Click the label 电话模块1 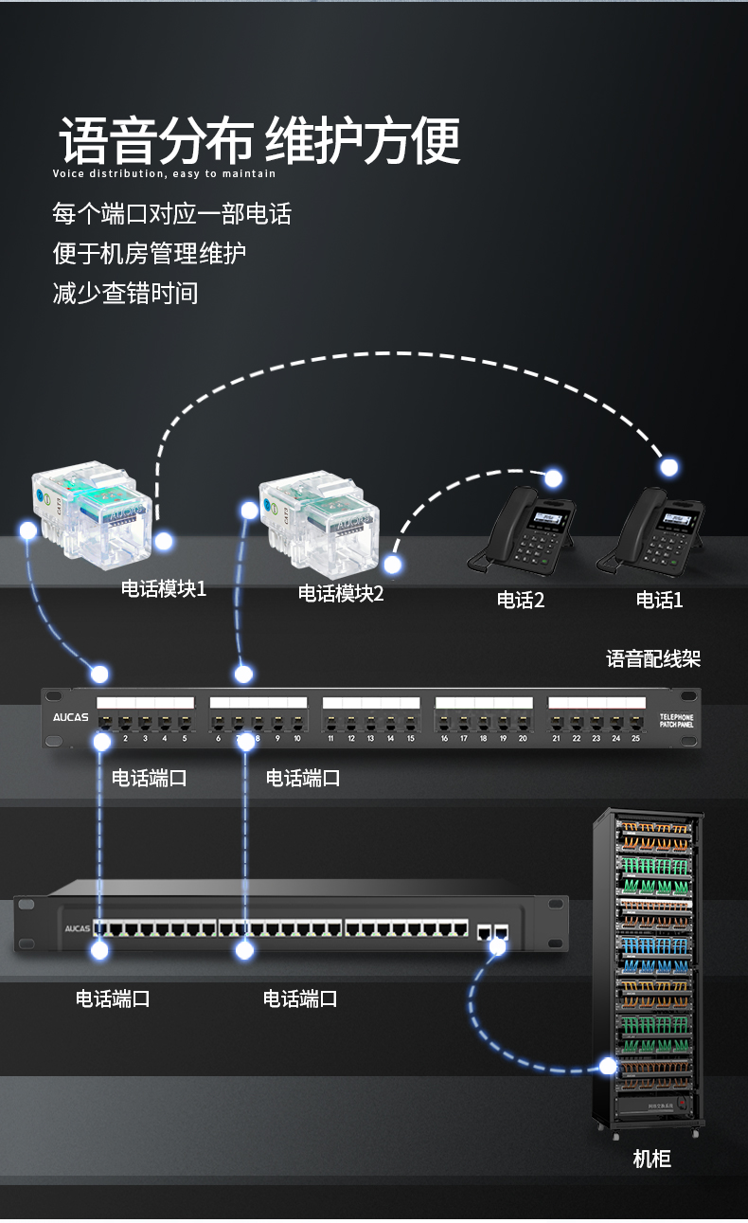(x=163, y=589)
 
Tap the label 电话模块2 (x=341, y=594)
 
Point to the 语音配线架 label (x=653, y=659)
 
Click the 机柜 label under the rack (x=651, y=1159)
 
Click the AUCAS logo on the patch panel (x=70, y=717)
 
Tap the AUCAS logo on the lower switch (x=77, y=928)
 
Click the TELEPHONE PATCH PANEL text (x=677, y=721)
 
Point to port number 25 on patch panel (x=635, y=738)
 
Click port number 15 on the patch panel (x=410, y=738)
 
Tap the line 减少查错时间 (x=126, y=293)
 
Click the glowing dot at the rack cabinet (x=608, y=1066)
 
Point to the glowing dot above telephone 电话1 (x=669, y=467)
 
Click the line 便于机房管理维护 (x=150, y=253)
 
